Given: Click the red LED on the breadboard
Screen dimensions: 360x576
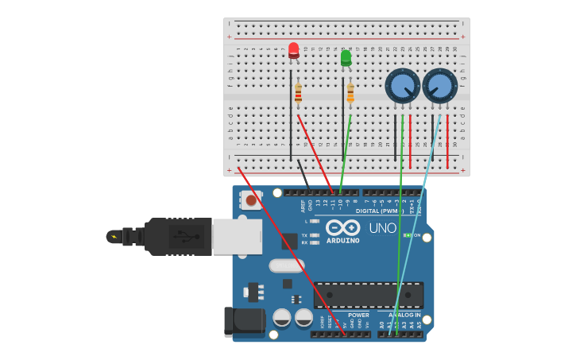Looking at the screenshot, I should [293, 50].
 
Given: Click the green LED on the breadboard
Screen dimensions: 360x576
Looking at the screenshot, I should [346, 58].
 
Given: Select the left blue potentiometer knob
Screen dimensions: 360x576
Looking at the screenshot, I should [403, 86].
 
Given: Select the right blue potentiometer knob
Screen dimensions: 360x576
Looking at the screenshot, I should [439, 86].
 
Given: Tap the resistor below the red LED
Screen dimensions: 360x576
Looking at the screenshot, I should [298, 94].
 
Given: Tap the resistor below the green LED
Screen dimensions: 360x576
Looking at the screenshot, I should [350, 94].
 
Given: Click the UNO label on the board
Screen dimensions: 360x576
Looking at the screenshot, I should [382, 229].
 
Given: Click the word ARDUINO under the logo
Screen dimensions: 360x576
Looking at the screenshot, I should [342, 240].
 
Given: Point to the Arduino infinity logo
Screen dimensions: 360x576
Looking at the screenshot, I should [342, 227].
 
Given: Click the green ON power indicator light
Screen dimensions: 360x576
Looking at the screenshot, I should [407, 235].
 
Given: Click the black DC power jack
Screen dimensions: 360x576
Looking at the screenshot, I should [244, 321].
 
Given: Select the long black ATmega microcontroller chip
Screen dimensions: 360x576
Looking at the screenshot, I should [368, 294].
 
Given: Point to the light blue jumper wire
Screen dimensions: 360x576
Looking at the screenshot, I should [415, 223].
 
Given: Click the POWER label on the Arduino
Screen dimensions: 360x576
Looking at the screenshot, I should [358, 315].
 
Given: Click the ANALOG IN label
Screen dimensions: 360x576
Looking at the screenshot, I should [404, 315].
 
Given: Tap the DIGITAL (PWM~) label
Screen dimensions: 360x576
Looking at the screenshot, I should [380, 211].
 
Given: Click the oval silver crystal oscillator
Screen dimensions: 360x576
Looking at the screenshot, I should [286, 265].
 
